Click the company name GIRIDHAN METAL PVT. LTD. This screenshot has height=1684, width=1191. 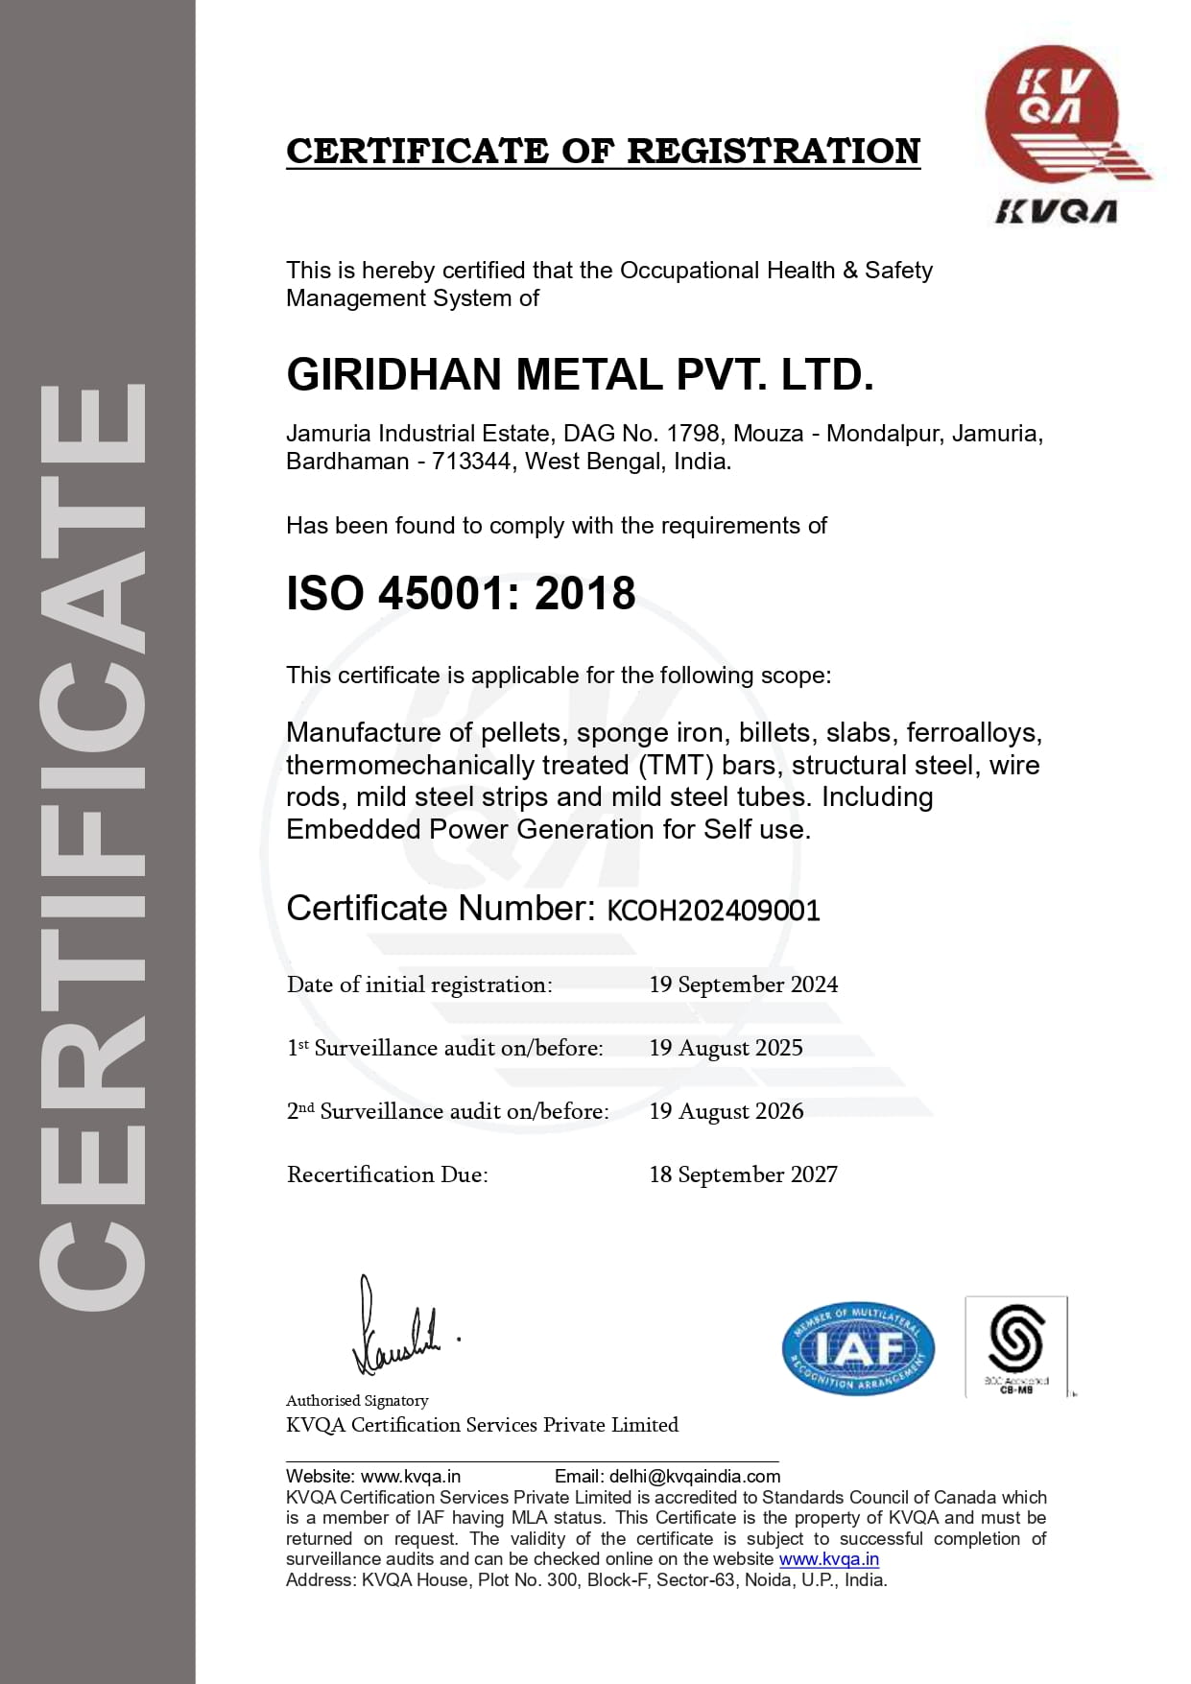580,374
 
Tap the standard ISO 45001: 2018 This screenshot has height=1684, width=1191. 461,593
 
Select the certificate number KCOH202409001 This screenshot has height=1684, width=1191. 713,911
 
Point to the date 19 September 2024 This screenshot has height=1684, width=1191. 743,984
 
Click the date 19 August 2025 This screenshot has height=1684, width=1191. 726,1048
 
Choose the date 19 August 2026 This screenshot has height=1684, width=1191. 726,1111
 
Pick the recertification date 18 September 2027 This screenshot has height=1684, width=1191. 743,1174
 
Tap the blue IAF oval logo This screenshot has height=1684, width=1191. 858,1349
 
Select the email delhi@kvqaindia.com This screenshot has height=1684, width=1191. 695,1476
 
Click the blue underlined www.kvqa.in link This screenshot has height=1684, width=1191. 829,1559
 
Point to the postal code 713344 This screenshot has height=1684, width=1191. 471,462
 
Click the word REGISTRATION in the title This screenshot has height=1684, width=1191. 774,152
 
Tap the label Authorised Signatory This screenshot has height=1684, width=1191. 357,1400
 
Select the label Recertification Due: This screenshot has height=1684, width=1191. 387,1174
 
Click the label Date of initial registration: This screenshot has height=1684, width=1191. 419,984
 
